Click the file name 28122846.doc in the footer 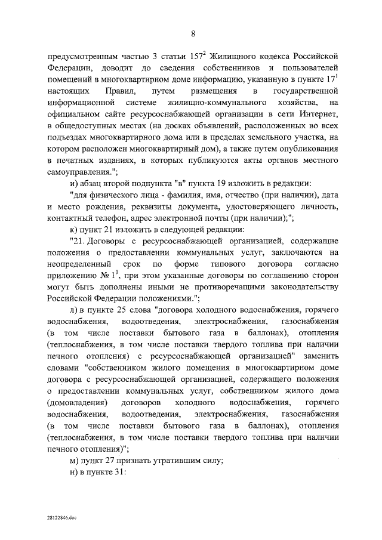pos(61,519)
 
